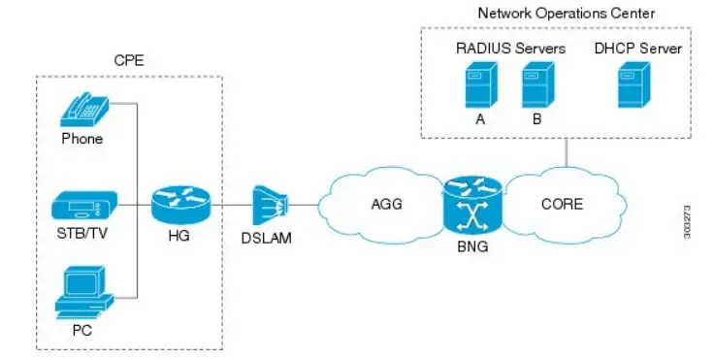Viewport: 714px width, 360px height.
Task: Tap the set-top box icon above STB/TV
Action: [83, 206]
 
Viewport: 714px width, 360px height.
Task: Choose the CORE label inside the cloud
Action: [562, 204]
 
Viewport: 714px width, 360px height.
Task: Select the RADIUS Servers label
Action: [511, 47]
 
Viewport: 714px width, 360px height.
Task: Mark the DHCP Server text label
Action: [637, 47]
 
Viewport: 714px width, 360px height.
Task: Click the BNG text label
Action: [474, 246]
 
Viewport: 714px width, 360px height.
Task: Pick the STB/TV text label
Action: [82, 233]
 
